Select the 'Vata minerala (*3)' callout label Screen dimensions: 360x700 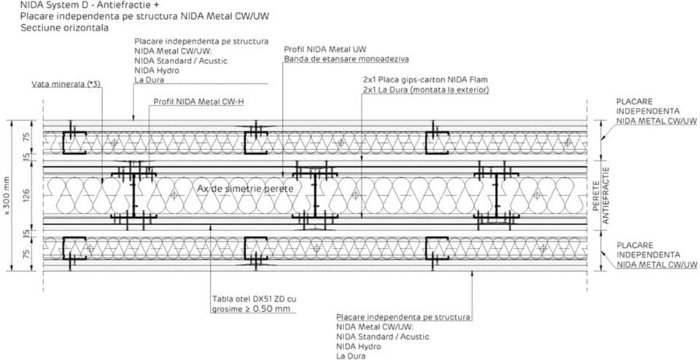click(x=66, y=85)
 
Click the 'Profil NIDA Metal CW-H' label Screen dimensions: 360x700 click(x=198, y=102)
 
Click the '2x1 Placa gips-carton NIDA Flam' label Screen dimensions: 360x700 click(x=423, y=79)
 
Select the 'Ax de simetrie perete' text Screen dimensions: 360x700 click(x=246, y=189)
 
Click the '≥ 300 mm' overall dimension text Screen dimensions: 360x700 click(x=7, y=193)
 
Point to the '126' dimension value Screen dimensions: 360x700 click(x=26, y=194)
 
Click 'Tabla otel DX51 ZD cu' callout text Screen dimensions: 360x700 click(x=254, y=298)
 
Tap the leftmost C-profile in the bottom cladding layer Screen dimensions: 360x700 click(x=73, y=249)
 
